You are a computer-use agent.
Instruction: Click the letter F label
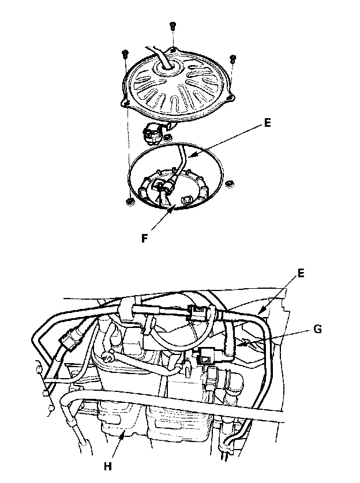click(x=144, y=238)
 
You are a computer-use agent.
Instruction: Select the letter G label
click(x=317, y=329)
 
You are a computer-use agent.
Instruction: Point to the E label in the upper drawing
click(x=267, y=123)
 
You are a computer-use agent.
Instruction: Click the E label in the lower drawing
click(x=301, y=273)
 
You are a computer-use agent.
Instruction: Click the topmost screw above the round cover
click(x=172, y=26)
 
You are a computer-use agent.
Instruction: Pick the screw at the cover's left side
click(x=125, y=54)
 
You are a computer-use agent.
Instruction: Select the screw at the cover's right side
click(x=233, y=59)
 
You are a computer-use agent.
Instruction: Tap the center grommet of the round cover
click(x=168, y=69)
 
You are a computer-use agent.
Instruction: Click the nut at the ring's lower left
click(x=130, y=202)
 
